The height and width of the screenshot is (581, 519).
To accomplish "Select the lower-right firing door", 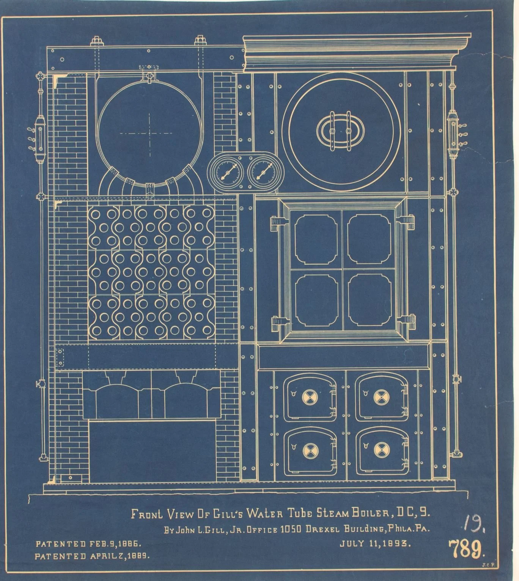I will pos(381,451).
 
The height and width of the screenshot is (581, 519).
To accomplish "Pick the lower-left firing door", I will pos(310,451).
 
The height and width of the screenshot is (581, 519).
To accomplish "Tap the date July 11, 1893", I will pos(375,543).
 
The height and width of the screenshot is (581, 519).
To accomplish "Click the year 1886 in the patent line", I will pos(131,544).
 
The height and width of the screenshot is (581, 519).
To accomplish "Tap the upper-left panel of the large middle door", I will pos(316,239).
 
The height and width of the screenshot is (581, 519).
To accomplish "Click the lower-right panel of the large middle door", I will pos(370,300).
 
